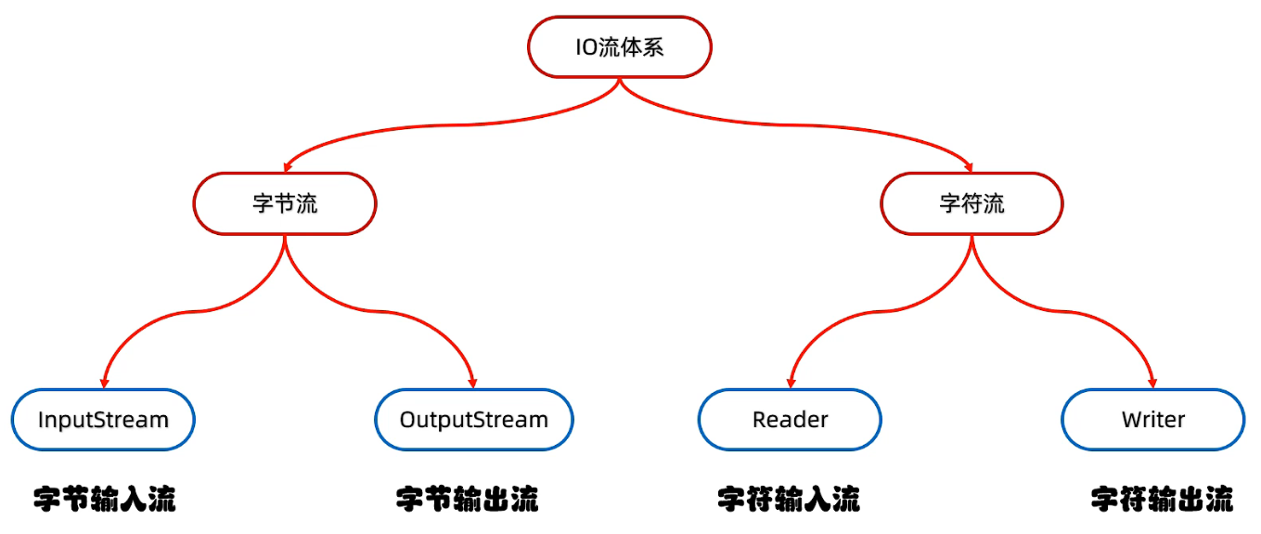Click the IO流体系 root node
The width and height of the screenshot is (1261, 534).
coord(619,46)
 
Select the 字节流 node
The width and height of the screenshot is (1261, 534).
coord(285,203)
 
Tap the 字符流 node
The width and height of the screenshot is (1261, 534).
coord(971,203)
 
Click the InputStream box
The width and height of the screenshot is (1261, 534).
coord(103,420)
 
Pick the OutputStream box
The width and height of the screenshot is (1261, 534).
coord(474,420)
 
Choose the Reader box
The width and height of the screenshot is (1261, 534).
coord(790,420)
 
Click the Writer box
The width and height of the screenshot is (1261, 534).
coord(1153,420)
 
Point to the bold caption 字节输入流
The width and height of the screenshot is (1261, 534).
coord(105,499)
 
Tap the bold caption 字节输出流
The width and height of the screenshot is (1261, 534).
coord(468,499)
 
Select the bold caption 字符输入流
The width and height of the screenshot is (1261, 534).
coord(789,499)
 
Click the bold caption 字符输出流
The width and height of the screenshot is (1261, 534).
coord(1162,499)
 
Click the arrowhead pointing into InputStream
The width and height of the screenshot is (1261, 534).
coord(104,383)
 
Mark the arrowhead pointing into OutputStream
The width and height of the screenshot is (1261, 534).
coord(473,383)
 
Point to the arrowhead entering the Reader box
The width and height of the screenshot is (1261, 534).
coord(791,383)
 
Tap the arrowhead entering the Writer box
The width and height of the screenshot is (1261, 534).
coord(1152,383)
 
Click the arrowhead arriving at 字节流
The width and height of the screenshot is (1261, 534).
coord(287,167)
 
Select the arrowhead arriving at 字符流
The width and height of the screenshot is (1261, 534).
coord(969,167)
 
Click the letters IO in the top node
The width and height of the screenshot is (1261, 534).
coord(586,47)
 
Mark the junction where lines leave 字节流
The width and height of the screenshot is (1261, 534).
coord(285,237)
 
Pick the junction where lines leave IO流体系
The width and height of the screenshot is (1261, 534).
coord(619,80)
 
